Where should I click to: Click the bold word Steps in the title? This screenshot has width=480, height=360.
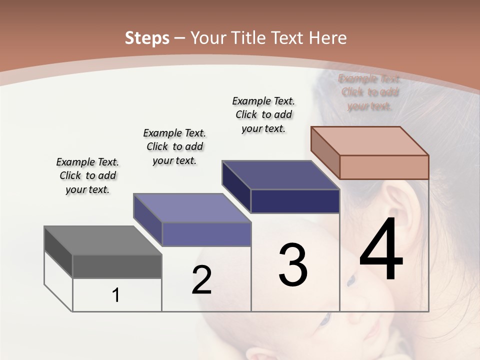coord(147,38)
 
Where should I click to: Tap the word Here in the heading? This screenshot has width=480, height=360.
coord(328,38)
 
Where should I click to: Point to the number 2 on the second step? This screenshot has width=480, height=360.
coord(201,280)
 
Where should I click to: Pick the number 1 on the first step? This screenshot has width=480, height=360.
coord(116,295)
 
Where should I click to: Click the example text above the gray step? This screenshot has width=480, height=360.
coord(87,176)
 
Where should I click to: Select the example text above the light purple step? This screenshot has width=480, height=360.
coord(174,146)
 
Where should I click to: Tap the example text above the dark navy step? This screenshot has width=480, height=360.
coord(263,115)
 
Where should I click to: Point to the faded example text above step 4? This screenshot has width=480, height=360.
coord(370,92)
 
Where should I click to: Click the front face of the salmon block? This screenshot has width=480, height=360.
coord(384,167)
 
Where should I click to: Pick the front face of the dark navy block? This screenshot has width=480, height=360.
coord(295,201)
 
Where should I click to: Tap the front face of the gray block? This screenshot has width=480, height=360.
coord(117,266)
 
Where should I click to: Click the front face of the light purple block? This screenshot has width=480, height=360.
coord(206,234)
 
